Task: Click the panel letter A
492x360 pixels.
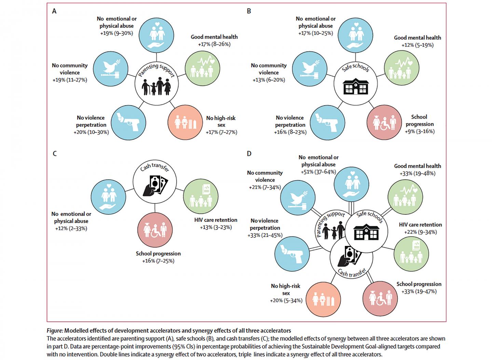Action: point(54,11)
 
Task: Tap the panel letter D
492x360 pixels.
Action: point(249,154)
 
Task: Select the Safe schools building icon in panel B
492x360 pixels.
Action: point(356,87)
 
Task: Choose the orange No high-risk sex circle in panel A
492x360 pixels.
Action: point(185,122)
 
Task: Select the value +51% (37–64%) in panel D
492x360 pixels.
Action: point(318,172)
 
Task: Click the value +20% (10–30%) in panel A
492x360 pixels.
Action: point(91,132)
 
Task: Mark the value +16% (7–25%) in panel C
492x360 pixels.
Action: point(158,261)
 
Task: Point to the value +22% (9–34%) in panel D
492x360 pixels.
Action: point(420,232)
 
